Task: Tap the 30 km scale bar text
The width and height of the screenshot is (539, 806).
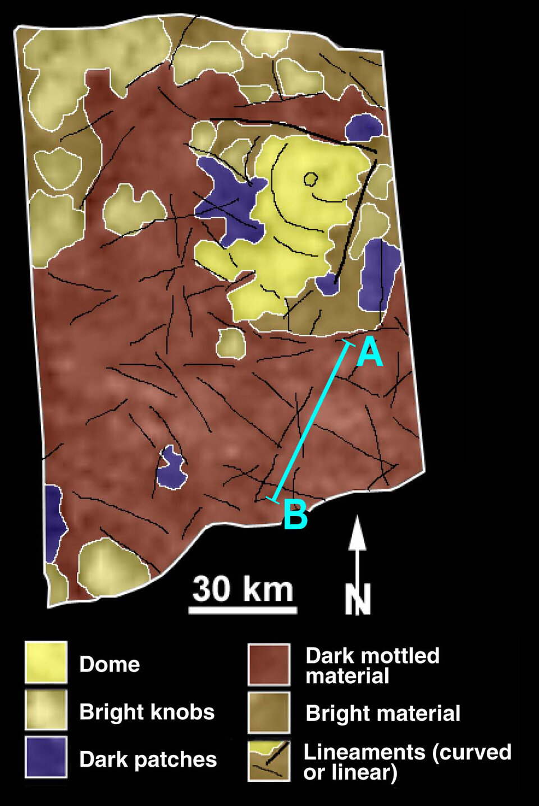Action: (243, 589)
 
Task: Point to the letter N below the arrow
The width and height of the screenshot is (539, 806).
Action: (358, 599)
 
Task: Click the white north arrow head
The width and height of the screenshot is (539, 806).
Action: (357, 533)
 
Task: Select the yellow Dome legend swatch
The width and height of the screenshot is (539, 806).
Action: (46, 662)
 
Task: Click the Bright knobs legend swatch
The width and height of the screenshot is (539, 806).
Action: (46, 710)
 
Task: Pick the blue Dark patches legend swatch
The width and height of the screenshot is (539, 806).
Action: (46, 757)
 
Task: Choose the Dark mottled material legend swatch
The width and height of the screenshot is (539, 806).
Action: (269, 665)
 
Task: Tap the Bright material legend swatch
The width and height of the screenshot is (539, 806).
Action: (269, 712)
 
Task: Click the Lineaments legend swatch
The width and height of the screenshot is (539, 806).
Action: (269, 761)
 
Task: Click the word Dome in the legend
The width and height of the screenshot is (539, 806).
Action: (109, 664)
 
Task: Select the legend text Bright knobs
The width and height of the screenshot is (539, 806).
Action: (147, 712)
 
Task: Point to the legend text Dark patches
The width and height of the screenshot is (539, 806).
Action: (148, 759)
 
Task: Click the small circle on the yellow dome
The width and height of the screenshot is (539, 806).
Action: (310, 179)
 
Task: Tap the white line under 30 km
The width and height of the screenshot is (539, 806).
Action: (243, 610)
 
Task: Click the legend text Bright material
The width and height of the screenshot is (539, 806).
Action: (383, 713)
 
